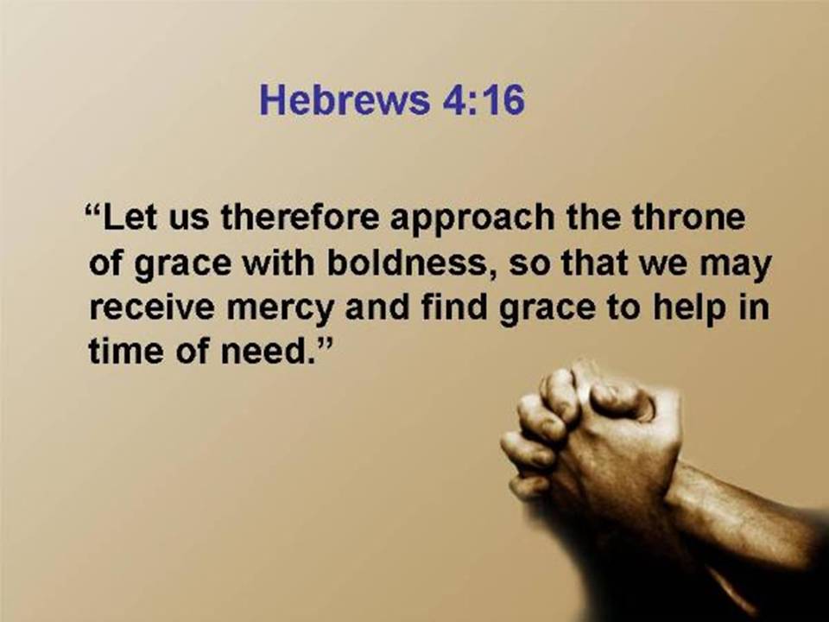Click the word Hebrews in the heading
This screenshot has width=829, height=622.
pyautogui.click(x=345, y=99)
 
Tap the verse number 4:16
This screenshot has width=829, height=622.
pyautogui.click(x=483, y=99)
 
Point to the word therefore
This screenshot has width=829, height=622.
pyautogui.click(x=300, y=216)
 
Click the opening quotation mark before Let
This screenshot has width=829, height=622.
pyautogui.click(x=93, y=207)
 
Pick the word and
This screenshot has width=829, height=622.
pyautogui.click(x=377, y=308)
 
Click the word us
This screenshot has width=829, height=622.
pyautogui.click(x=188, y=220)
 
